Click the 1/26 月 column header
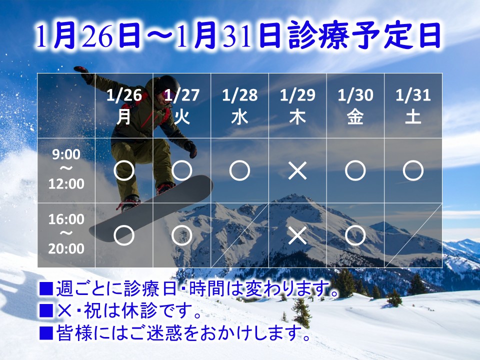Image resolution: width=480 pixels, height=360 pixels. click(124, 106)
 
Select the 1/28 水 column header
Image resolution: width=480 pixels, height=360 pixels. click(239, 106)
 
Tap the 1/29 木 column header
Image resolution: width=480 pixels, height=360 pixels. click(297, 106)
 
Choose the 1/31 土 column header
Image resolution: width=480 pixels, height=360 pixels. click(413, 106)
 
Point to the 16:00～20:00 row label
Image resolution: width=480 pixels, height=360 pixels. click(66, 233)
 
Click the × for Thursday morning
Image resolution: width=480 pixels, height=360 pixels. click(297, 171)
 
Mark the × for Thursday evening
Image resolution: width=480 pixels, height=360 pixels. click(297, 235)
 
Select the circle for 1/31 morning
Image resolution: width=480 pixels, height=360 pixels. click(413, 171)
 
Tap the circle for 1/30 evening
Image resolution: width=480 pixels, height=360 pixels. click(355, 235)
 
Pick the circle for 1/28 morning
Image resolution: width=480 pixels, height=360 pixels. click(239, 171)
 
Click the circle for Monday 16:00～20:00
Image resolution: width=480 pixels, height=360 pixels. click(124, 235)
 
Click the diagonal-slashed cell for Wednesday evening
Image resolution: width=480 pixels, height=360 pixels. click(239, 235)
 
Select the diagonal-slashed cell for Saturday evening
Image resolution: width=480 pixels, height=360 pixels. click(413, 235)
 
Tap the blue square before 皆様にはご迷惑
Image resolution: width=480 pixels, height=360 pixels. click(46, 332)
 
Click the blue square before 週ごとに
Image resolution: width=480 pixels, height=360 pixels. click(46, 288)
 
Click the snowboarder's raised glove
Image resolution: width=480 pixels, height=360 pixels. click(82, 73)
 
